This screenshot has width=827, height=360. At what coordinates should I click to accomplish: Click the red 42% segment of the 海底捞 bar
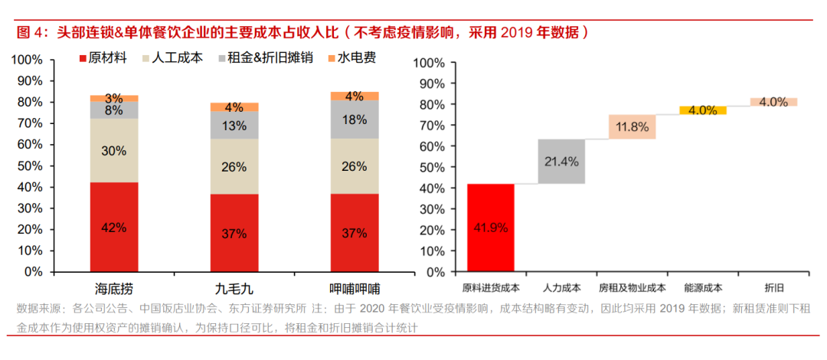click(x=114, y=227)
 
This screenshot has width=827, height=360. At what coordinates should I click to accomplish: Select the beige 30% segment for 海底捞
click(x=114, y=151)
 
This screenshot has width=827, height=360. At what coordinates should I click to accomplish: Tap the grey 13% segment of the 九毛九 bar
click(x=234, y=126)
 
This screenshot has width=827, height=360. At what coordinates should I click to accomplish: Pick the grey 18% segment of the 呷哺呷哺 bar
click(x=354, y=119)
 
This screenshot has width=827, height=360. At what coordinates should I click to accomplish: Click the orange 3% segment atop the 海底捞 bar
click(x=114, y=98)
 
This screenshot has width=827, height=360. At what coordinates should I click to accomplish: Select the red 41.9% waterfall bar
click(x=490, y=227)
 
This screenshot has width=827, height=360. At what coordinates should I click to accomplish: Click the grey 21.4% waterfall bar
click(x=561, y=162)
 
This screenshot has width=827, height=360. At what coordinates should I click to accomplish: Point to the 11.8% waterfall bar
click(x=632, y=127)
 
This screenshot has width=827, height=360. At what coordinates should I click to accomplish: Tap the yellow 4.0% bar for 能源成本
click(x=702, y=110)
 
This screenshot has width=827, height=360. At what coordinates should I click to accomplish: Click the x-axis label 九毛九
click(x=234, y=289)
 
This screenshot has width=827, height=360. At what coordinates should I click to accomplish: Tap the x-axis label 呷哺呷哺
click(x=354, y=289)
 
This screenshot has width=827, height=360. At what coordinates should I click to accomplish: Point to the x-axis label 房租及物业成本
click(x=632, y=288)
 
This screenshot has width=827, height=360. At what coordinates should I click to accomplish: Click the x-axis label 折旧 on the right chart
click(x=773, y=288)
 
